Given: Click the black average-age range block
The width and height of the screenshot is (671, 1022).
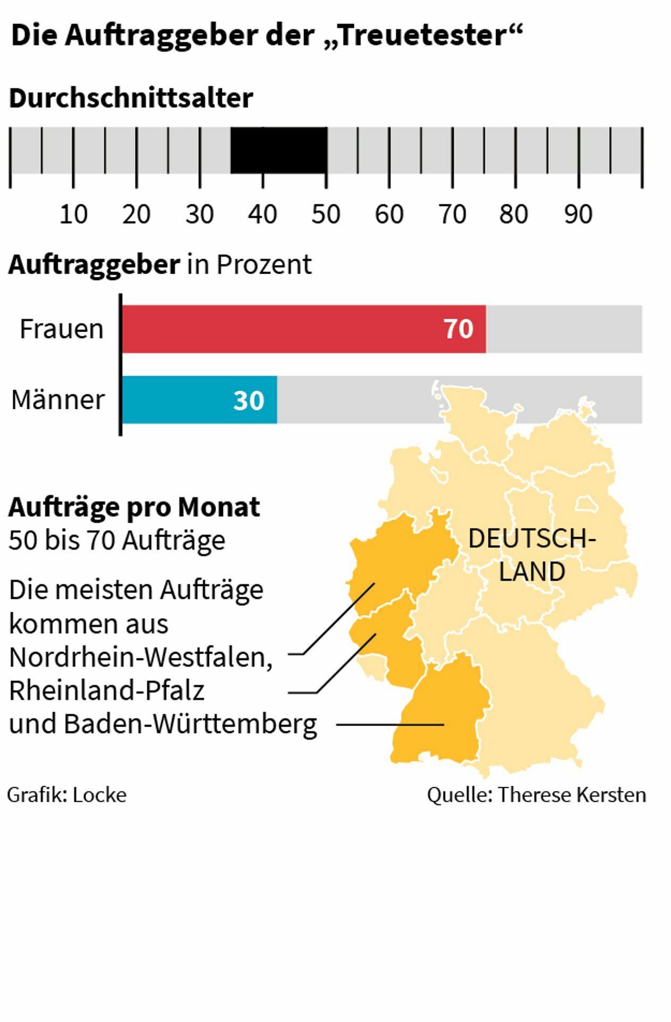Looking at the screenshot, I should pos(278,150).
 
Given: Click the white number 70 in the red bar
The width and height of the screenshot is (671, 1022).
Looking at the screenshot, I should pos(458,329).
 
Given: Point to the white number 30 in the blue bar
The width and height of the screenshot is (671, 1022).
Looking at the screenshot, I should pos(248,400).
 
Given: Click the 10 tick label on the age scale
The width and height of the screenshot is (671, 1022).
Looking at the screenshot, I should pos(73,215).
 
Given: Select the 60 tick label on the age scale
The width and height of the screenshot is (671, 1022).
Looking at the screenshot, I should pos(389,215).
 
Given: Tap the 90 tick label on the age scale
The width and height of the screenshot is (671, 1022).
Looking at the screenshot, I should pos(578,215).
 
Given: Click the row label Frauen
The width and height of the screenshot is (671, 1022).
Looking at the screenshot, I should pos(62,329).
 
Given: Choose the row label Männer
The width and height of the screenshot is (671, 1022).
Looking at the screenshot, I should pos(58,400).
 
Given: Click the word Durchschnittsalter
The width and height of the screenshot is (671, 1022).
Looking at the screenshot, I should pos(131,98).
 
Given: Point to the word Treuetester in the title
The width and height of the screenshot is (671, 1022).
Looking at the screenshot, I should pos(422,36).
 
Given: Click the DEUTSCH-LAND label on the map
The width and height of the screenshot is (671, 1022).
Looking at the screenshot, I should pos(532,555).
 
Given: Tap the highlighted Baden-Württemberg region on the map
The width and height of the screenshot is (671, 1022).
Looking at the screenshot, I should pos(442,713).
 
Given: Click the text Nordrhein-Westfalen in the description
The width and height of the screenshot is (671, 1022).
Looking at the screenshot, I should pos(140,657).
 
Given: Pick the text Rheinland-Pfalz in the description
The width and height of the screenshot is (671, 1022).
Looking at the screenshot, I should pos(107,691).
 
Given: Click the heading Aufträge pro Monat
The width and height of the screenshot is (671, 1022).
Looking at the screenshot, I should pos(134,507).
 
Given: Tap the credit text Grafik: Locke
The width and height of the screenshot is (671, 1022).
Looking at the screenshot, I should pos(67,795).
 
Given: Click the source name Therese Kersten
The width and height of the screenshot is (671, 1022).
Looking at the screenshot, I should pos(572,795).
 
